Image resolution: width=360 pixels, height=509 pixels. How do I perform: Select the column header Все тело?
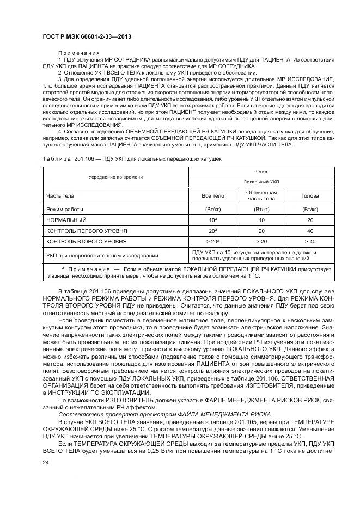(x=212, y=195)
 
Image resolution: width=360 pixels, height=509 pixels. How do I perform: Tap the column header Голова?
(x=310, y=195)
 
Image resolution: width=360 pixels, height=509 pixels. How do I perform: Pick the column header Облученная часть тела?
(x=261, y=195)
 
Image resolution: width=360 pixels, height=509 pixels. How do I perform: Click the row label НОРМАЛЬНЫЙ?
(x=66, y=220)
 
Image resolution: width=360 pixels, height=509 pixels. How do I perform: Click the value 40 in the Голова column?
(x=310, y=230)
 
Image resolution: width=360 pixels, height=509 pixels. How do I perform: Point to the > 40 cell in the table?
(x=310, y=240)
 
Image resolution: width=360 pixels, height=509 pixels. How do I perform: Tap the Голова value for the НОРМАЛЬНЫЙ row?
(x=310, y=220)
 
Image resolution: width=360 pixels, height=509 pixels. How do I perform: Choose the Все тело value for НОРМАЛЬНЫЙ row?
(x=212, y=220)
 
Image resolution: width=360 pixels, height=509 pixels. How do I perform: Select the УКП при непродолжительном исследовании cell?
(x=102, y=255)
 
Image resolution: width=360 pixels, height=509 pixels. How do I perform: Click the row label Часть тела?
(x=60, y=195)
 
